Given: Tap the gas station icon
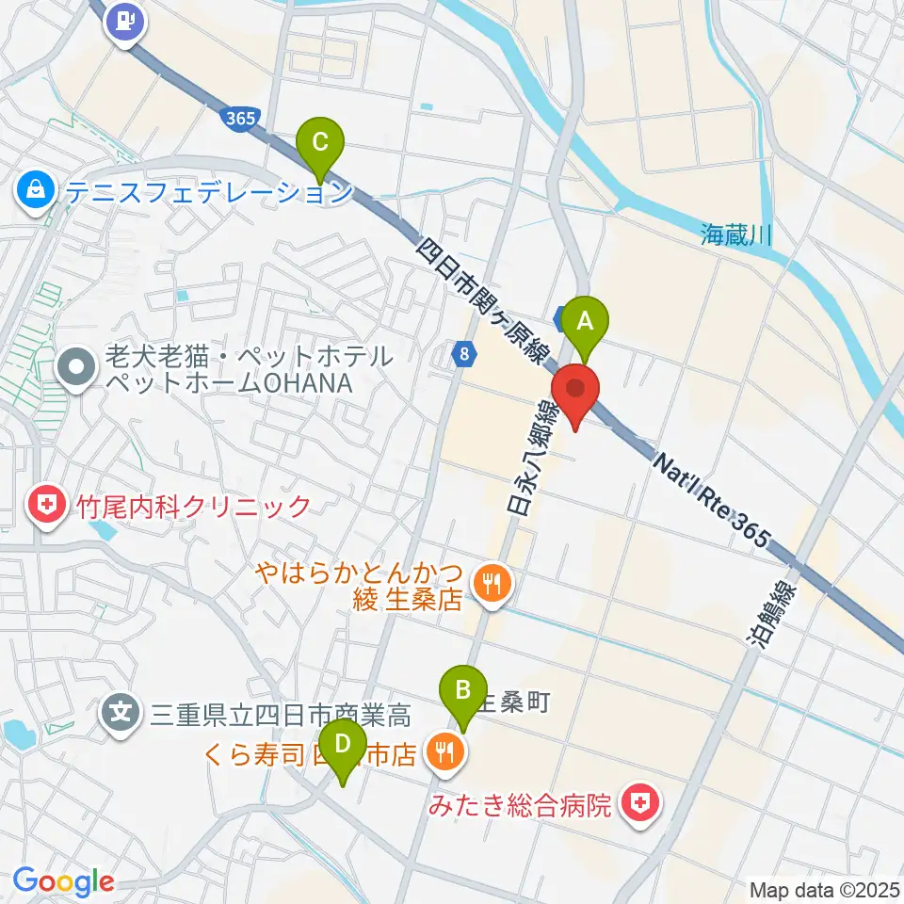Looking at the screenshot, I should coord(125,20).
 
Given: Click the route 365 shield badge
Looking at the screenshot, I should coord(241,119).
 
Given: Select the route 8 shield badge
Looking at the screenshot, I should coord(464,355).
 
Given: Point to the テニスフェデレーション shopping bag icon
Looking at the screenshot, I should coord(35,191).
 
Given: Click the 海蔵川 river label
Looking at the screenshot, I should coord(736,234).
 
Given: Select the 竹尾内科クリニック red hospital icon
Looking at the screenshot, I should coord(44,507).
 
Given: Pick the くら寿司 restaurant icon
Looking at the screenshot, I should coord(441,751).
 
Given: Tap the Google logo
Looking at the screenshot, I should coord(63,882).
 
